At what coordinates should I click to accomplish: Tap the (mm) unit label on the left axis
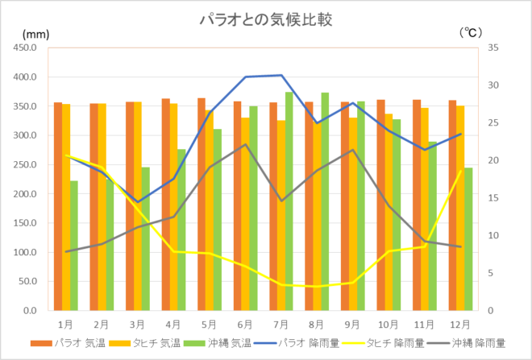pyautogui.click(x=36, y=34)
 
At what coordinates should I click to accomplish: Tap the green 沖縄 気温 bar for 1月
pyautogui.click(x=74, y=246)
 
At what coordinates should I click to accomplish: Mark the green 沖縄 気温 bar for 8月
pyautogui.click(x=325, y=201)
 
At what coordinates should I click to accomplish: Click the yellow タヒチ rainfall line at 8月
pyautogui.click(x=317, y=286)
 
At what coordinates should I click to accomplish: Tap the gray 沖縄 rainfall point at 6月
pyautogui.click(x=245, y=144)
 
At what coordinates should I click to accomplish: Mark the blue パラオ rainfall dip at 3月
pyautogui.click(x=138, y=202)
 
